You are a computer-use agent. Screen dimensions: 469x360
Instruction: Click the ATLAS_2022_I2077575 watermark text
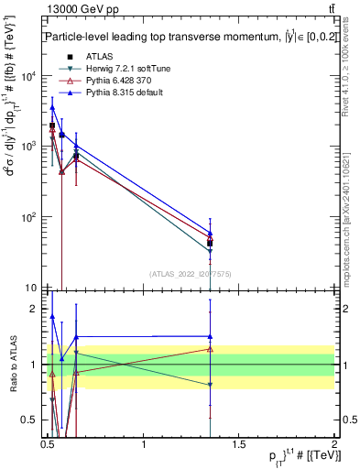click(191, 273)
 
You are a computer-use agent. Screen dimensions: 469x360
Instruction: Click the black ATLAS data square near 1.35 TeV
click(211, 243)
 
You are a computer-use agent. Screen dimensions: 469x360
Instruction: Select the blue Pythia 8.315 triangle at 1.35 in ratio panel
click(211, 336)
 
